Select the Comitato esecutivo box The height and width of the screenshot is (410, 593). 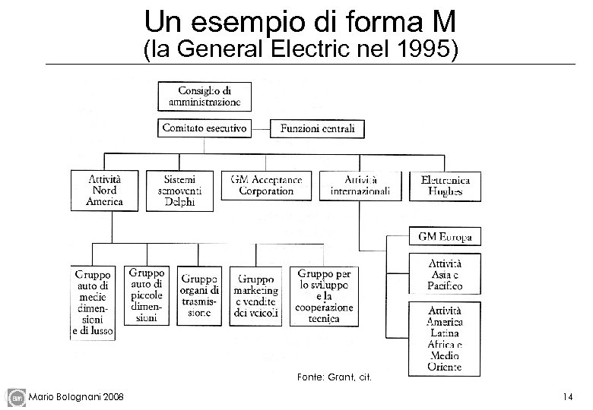(x=205, y=129)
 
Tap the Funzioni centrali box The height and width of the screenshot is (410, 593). (x=318, y=129)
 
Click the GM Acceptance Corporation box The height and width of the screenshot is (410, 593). (x=267, y=186)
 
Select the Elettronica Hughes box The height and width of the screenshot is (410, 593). (x=445, y=185)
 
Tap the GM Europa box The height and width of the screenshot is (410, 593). (x=445, y=237)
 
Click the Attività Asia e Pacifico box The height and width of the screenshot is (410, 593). (x=445, y=275)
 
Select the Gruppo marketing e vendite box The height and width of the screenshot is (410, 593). (x=256, y=296)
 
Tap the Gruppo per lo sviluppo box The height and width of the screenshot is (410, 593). (x=325, y=296)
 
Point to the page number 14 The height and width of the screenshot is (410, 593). (x=567, y=396)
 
